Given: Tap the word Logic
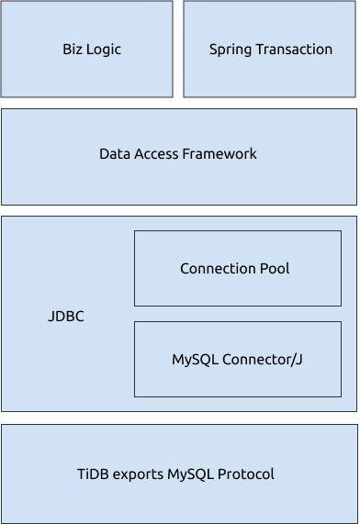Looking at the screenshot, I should [x=104, y=50].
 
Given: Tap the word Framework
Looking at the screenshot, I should [x=220, y=154].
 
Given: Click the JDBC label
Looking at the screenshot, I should [x=66, y=317].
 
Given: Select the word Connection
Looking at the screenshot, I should [x=217, y=269].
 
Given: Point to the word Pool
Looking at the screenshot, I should [x=274, y=269].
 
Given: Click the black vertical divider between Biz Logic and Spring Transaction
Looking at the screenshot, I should [x=178, y=49].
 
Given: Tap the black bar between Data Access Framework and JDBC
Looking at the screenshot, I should [x=180, y=211].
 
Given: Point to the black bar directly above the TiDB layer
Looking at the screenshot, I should [x=180, y=418].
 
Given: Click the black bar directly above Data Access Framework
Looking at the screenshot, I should [x=180, y=103].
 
